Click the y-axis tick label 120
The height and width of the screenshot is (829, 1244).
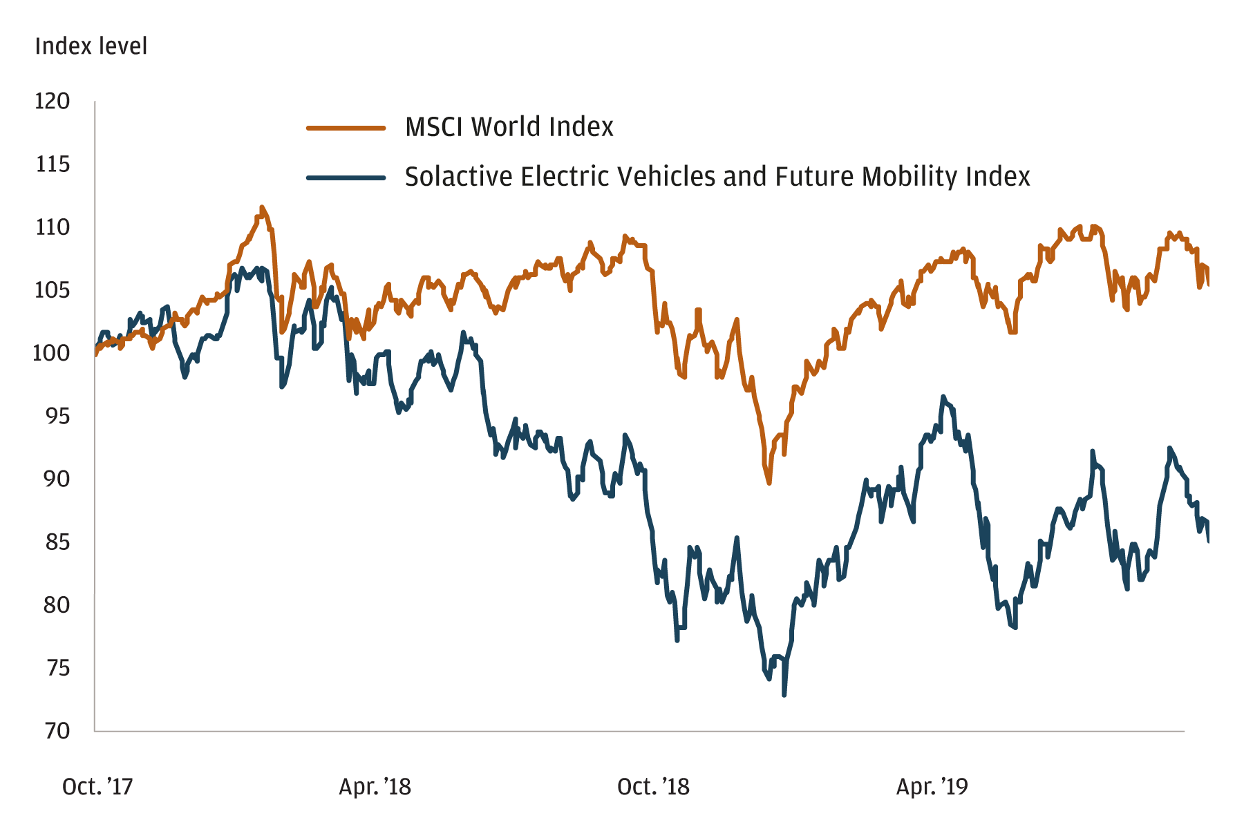tap(53, 102)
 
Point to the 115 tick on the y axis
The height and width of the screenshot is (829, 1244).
tap(53, 164)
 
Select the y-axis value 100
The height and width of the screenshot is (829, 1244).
tap(51, 353)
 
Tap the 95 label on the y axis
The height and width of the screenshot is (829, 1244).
tap(53, 416)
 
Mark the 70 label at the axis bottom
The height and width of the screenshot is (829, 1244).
tap(53, 731)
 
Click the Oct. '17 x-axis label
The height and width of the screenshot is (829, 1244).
tap(97, 787)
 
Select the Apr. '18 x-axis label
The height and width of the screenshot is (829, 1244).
tap(375, 787)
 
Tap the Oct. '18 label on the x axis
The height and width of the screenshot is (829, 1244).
tap(653, 787)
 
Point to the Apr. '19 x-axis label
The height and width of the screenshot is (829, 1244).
tap(932, 787)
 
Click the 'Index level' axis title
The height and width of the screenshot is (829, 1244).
tap(91, 46)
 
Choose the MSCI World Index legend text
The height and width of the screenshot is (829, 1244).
tap(509, 127)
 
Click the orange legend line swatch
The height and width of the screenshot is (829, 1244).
tap(346, 128)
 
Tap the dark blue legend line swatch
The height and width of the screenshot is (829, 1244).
tap(346, 178)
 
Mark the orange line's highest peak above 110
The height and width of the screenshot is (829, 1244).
tap(261, 207)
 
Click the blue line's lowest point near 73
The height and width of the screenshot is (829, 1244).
tap(784, 694)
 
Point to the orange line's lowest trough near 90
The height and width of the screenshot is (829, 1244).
tap(769, 483)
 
